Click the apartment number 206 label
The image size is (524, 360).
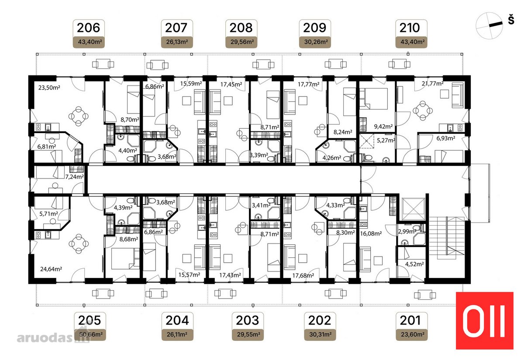88,27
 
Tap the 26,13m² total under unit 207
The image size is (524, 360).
177,42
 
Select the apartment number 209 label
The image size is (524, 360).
315,27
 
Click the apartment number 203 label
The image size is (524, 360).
247,320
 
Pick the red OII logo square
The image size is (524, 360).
484,321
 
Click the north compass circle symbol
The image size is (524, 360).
489,26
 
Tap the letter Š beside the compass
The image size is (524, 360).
511,20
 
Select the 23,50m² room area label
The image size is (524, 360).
49,88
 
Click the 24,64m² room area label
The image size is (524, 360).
51,269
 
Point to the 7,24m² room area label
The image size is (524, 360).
74,177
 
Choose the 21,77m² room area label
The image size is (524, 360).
433,83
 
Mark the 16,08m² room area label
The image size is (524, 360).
371,233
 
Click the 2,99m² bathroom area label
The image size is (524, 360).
407,231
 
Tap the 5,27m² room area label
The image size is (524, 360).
386,140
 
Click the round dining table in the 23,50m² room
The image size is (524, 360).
78,116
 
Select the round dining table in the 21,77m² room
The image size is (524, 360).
423,110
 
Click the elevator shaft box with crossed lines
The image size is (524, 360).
414,209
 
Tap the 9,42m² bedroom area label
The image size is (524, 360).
383,127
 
